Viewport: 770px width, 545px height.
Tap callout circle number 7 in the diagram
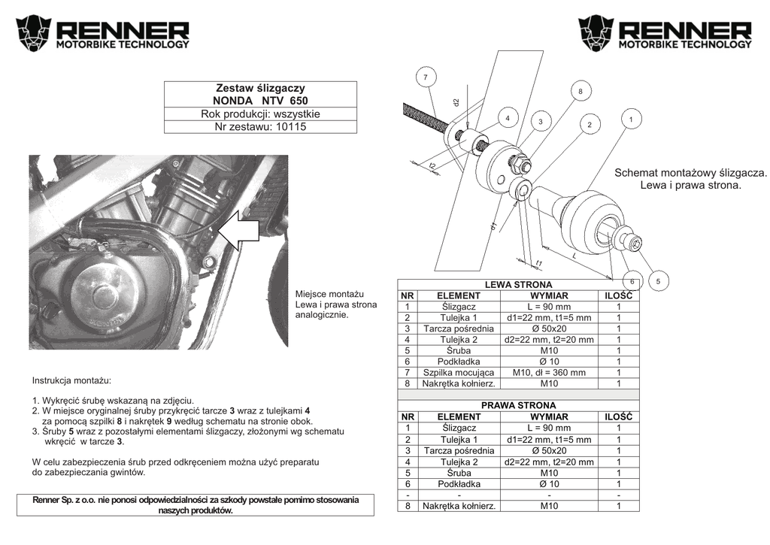click(x=425, y=77)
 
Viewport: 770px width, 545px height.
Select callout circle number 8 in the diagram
click(x=580, y=91)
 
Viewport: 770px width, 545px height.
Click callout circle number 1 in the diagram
click(x=630, y=119)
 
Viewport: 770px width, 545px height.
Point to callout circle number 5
click(x=657, y=281)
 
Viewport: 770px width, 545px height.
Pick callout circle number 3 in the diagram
click(x=540, y=121)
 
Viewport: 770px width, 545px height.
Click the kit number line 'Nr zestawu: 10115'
click(x=260, y=126)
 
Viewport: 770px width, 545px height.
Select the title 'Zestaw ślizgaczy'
click(x=260, y=88)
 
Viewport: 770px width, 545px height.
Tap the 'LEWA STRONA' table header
click(x=518, y=285)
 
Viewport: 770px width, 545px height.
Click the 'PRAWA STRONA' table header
click(x=518, y=405)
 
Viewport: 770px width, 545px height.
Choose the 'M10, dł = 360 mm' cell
click(x=549, y=372)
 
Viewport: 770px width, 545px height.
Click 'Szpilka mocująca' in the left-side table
click(x=459, y=372)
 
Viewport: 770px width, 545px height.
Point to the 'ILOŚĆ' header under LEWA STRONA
click(x=618, y=295)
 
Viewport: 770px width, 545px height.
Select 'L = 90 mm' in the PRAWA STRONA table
click(x=549, y=428)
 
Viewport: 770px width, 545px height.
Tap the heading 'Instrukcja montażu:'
click(x=71, y=381)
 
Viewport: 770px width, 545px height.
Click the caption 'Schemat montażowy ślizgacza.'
click(x=690, y=172)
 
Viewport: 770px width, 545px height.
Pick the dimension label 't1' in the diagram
click(x=539, y=262)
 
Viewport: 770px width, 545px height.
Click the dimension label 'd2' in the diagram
click(x=456, y=101)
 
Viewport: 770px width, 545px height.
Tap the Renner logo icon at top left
click(x=33, y=32)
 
